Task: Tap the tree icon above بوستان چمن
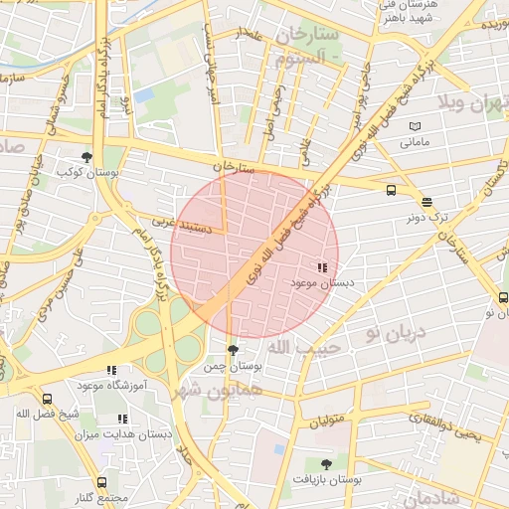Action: pos(233,350)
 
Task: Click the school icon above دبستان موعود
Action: pos(321,267)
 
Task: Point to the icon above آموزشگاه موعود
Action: pos(111,370)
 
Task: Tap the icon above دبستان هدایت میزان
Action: pos(121,420)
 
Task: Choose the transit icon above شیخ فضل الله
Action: pos(47,398)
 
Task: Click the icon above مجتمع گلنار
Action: pos(101,482)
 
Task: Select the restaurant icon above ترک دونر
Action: pos(426,200)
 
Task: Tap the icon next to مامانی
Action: pos(414,126)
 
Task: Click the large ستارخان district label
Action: pos(309,36)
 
